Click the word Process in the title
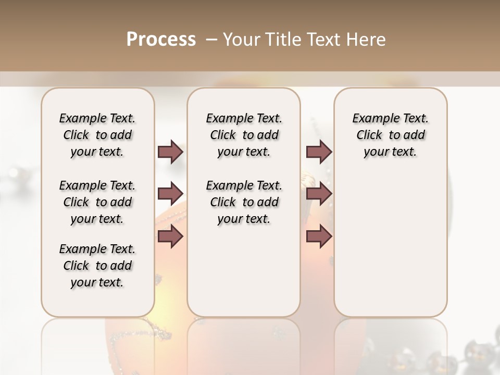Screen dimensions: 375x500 click(161, 39)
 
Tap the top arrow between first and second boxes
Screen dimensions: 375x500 click(170, 152)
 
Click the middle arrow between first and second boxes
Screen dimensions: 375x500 click(170, 194)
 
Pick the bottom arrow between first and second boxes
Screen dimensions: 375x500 click(170, 236)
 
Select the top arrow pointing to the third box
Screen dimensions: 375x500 click(319, 152)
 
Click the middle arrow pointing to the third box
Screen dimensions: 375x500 click(319, 194)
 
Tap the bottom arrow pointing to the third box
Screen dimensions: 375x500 click(319, 236)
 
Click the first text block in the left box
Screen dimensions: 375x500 click(97, 135)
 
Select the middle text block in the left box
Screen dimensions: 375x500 click(97, 202)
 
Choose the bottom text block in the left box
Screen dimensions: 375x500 click(97, 266)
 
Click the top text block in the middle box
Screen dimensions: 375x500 click(244, 135)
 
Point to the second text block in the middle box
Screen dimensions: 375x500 click(244, 202)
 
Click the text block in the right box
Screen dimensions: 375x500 click(391, 135)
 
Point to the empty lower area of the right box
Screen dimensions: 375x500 click(391, 245)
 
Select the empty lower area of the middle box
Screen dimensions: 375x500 click(244, 271)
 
